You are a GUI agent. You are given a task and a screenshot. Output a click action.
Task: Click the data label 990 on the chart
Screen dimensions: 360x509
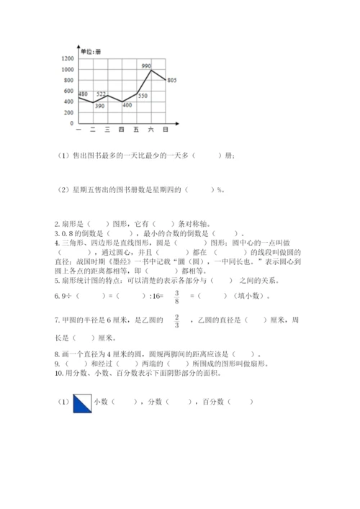click(x=146, y=66)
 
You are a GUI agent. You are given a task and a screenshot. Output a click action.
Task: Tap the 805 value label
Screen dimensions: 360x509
click(x=171, y=80)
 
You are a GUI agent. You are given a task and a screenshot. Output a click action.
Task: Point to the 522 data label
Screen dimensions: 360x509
click(x=101, y=94)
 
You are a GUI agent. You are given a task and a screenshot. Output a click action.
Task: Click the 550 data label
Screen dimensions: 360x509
click(x=143, y=96)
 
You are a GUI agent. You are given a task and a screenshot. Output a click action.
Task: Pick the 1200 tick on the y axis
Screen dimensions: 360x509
click(x=68, y=58)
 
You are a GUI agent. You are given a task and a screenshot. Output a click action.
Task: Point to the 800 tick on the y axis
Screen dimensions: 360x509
click(x=69, y=80)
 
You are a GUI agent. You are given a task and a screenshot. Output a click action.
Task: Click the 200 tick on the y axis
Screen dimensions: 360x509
click(x=69, y=112)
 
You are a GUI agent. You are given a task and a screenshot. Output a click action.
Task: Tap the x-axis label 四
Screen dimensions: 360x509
click(x=122, y=130)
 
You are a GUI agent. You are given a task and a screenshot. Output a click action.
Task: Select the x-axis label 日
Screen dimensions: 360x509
click(x=166, y=130)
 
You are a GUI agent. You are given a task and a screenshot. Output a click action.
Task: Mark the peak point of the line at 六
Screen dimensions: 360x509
click(x=151, y=70)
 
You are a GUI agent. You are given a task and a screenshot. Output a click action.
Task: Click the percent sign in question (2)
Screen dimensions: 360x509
click(x=218, y=190)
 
